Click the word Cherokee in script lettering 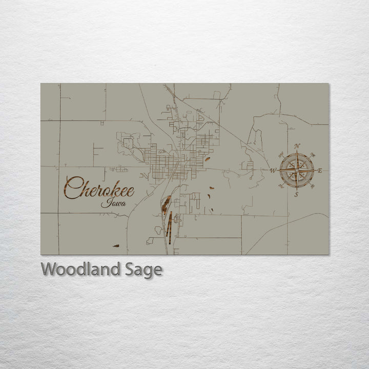pyautogui.click(x=99, y=189)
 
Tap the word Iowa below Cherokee pyautogui.click(x=111, y=202)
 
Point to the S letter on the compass pyautogui.click(x=296, y=194)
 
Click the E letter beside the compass pyautogui.click(x=320, y=171)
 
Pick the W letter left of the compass pyautogui.click(x=273, y=171)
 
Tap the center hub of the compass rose pyautogui.click(x=296, y=170)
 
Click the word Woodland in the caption pyautogui.click(x=81, y=269)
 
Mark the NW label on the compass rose pyautogui.click(x=280, y=154)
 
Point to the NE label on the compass pyautogui.click(x=313, y=154)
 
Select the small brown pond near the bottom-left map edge pyautogui.click(x=116, y=246)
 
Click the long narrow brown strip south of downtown pyautogui.click(x=169, y=225)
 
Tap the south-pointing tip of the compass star pyautogui.click(x=296, y=188)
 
